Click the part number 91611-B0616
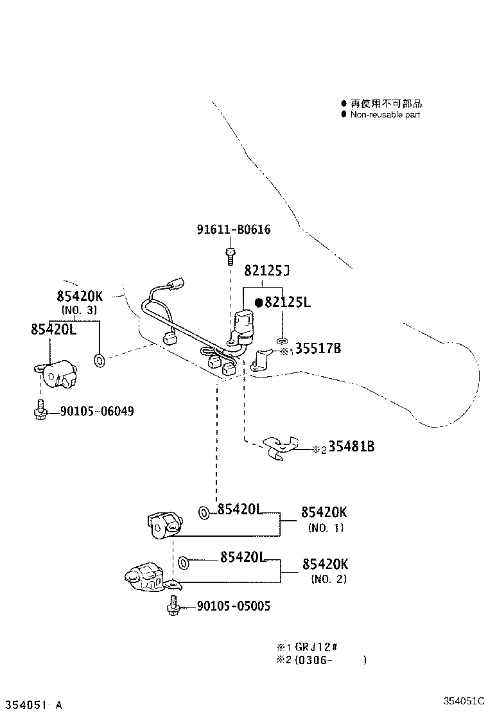[234, 229]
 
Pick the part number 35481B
[351, 447]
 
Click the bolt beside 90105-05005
[173, 606]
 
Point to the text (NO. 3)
[79, 310]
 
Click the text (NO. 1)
[326, 528]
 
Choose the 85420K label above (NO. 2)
[325, 564]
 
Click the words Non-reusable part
[385, 114]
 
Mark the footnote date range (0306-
[314, 659]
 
